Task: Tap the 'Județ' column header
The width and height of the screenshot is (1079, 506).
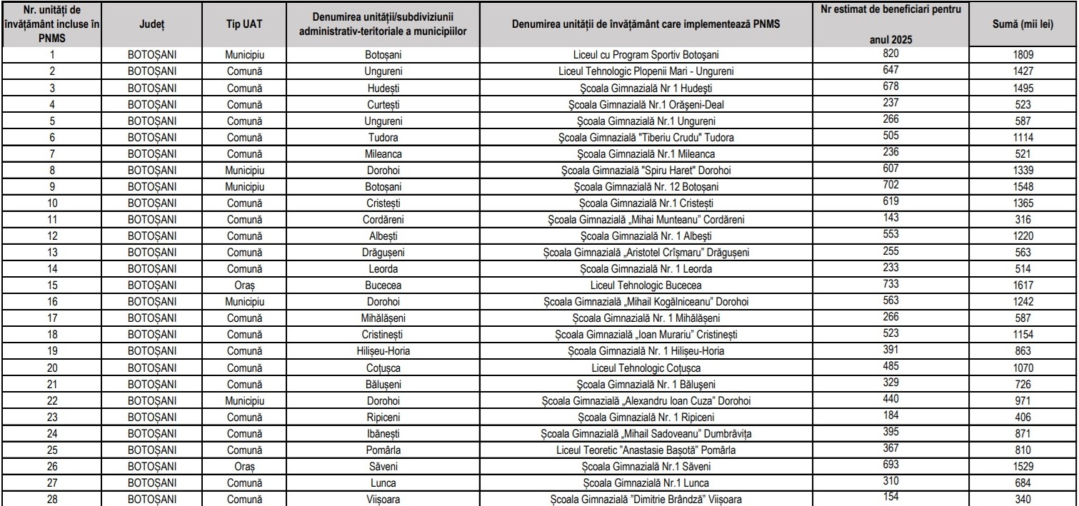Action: click(153, 24)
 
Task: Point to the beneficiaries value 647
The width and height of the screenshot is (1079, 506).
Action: click(888, 70)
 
